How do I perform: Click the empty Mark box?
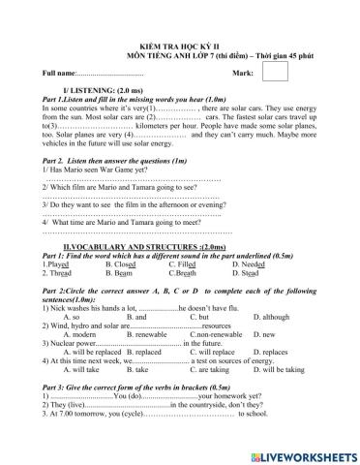275,72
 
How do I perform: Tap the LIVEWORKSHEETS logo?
300,449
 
